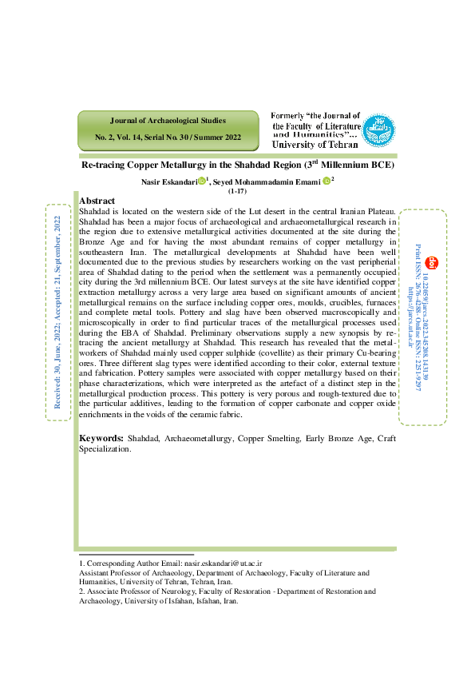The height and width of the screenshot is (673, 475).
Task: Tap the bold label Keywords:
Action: (x=101, y=439)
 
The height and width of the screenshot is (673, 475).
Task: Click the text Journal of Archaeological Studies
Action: (x=168, y=121)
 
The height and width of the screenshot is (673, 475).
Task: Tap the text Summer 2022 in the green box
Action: (x=217, y=137)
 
